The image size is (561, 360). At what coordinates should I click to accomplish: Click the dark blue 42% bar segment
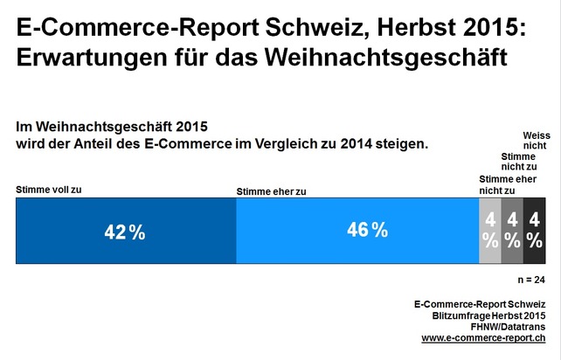(126, 231)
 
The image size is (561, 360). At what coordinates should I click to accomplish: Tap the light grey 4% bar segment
(490, 231)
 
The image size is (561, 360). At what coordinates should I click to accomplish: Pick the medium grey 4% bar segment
(512, 231)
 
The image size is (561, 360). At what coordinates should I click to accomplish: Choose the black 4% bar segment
(534, 231)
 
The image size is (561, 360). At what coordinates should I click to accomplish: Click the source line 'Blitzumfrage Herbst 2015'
(488, 315)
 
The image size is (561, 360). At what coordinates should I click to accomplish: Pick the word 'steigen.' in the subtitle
(401, 142)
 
